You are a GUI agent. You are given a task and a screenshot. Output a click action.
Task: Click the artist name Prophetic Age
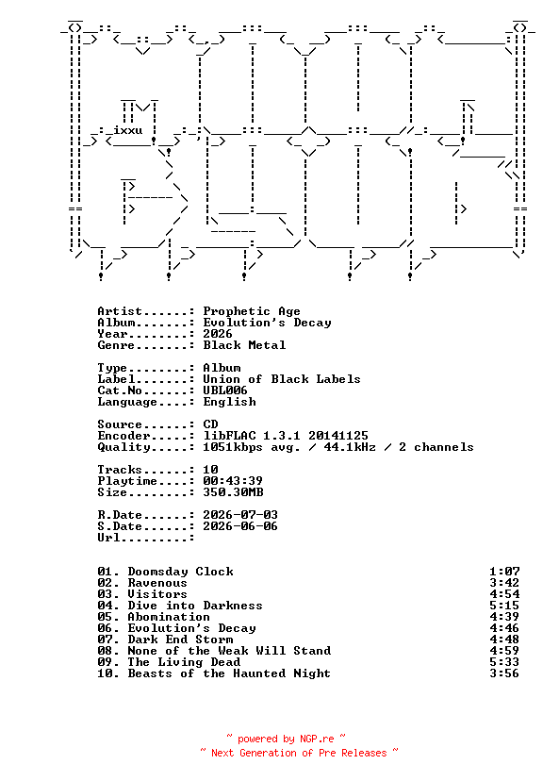[252, 311]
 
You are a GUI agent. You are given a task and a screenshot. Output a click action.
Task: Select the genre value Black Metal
[244, 345]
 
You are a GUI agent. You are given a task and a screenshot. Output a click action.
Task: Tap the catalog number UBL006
[225, 390]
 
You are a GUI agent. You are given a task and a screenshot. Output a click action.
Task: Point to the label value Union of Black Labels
[282, 379]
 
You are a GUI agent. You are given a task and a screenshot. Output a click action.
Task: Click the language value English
[229, 402]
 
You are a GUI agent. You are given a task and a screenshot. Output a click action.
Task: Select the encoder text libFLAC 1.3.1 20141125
[286, 436]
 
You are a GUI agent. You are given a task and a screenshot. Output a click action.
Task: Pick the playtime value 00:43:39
[233, 481]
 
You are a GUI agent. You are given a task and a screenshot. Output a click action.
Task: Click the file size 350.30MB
[233, 492]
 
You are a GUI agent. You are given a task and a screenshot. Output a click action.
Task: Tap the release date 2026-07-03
[240, 515]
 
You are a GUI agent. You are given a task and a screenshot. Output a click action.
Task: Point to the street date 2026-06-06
[240, 526]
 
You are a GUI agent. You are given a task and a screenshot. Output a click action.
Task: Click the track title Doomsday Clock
[181, 572]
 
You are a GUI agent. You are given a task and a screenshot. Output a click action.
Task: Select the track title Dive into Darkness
[195, 606]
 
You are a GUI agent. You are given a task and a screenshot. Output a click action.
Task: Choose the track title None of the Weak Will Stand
[229, 651]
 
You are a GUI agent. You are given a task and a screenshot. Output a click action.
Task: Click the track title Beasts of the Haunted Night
[229, 673]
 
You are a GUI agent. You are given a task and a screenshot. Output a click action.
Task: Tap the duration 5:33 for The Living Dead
[504, 662]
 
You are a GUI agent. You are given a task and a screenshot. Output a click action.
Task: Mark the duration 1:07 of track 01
[504, 572]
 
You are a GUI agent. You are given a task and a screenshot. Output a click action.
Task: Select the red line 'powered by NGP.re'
[286, 739]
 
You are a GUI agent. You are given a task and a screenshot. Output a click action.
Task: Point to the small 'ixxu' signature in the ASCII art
[128, 130]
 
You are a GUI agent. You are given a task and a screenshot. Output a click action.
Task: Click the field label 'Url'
[108, 538]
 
